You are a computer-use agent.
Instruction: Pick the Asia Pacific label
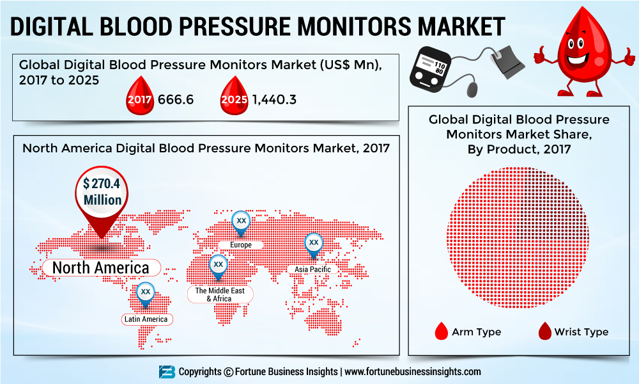[x=312, y=269]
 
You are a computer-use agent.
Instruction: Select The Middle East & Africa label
[x=219, y=294]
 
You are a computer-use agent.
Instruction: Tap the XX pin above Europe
[x=241, y=221]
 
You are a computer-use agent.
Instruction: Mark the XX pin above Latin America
[x=145, y=292]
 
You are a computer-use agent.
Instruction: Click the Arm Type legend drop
[x=441, y=331]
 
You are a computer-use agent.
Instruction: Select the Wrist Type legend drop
[x=544, y=331]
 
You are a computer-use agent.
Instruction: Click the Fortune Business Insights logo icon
[x=167, y=372]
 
